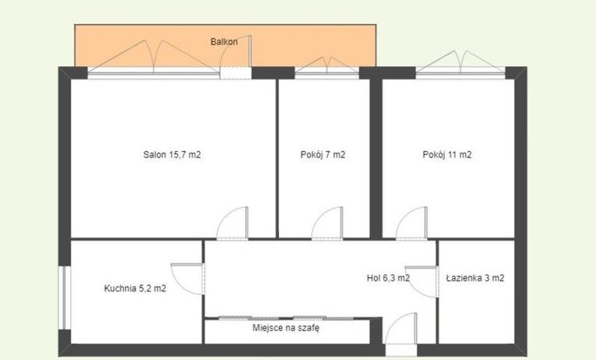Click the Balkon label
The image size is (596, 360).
[224, 42]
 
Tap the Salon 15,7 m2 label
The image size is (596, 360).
[172, 155]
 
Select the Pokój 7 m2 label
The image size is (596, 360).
[323, 155]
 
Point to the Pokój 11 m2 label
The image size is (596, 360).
[447, 155]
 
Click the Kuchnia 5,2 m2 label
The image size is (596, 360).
[135, 288]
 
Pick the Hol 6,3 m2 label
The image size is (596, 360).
[388, 278]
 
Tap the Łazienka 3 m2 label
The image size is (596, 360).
[475, 278]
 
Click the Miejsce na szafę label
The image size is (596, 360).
[286, 328]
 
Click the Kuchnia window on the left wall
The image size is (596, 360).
[65, 298]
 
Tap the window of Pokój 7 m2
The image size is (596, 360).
[327, 72]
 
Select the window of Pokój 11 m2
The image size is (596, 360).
[460, 72]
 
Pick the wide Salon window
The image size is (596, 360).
[154, 72]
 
